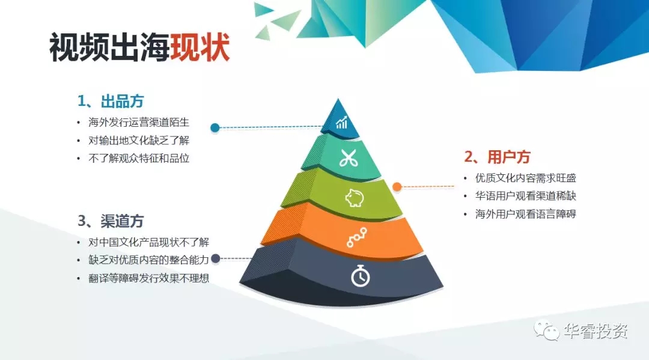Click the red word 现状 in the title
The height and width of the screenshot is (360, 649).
click(200, 47)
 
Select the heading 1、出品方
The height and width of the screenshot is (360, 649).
click(111, 101)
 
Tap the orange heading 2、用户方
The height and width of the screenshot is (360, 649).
click(497, 157)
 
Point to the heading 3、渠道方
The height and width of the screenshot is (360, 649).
click(111, 221)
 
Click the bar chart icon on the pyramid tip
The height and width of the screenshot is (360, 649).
click(341, 123)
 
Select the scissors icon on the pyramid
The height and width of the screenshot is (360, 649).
click(349, 158)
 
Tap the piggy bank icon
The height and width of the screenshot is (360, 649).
click(355, 197)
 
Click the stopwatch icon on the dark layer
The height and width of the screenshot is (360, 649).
click(361, 276)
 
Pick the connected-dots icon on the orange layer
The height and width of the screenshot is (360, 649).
click(357, 237)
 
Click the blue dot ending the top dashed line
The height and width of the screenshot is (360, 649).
click(215, 128)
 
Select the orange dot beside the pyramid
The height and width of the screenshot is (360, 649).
click(397, 187)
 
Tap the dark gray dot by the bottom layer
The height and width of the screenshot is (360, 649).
click(215, 258)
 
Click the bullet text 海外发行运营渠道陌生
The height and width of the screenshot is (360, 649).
click(139, 123)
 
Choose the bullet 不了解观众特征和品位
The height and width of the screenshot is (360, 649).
click(139, 159)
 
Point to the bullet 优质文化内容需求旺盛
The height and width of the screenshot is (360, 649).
click(526, 178)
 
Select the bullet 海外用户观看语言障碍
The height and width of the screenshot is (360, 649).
click(526, 215)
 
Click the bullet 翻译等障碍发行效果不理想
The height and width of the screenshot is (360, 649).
click(148, 278)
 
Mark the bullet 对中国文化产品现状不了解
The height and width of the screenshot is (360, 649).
click(148, 242)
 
